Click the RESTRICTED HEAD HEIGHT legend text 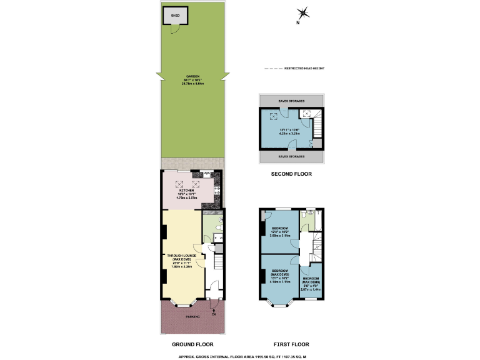[x=304, y=68]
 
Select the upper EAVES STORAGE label [x=291, y=101]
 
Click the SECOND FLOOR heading [x=291, y=174]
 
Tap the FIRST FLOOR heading [x=291, y=344]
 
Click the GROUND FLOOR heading [x=192, y=344]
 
